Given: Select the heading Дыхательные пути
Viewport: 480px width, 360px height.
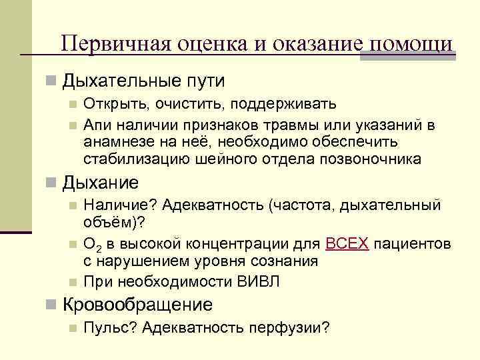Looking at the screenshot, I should [x=143, y=81].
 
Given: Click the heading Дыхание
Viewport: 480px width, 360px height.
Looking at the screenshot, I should [x=101, y=183].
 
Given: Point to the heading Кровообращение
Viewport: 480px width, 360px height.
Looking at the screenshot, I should [x=137, y=305].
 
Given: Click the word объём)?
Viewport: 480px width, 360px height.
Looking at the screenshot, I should [x=115, y=221].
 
